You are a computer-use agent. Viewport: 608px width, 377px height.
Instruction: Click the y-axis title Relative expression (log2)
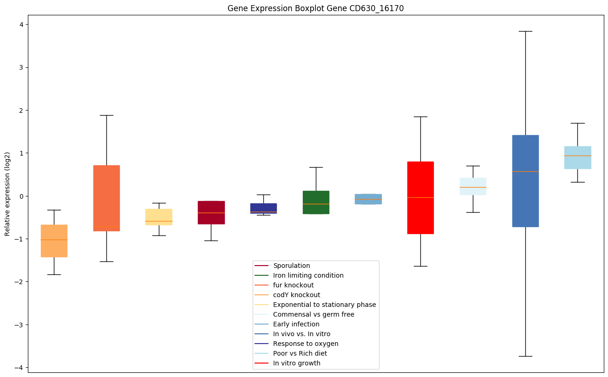pos(7,194)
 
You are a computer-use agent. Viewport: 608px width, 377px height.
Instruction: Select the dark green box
pos(316,202)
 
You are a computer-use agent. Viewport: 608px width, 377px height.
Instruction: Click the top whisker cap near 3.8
pos(525,31)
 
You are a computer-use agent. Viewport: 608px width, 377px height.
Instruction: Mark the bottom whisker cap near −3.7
pos(525,356)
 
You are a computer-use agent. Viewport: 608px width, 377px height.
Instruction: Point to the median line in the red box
pos(420,197)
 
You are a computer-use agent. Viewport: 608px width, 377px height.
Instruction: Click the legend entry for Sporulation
pos(291,266)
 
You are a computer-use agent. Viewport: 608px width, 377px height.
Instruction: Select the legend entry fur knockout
pos(293,285)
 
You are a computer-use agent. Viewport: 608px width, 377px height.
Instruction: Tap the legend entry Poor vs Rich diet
pos(300,353)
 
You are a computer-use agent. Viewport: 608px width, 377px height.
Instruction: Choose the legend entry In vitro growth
pos(296,363)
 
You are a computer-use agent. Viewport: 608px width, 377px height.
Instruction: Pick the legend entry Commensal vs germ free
pos(314,314)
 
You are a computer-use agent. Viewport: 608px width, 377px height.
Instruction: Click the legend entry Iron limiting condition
pos(308,275)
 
